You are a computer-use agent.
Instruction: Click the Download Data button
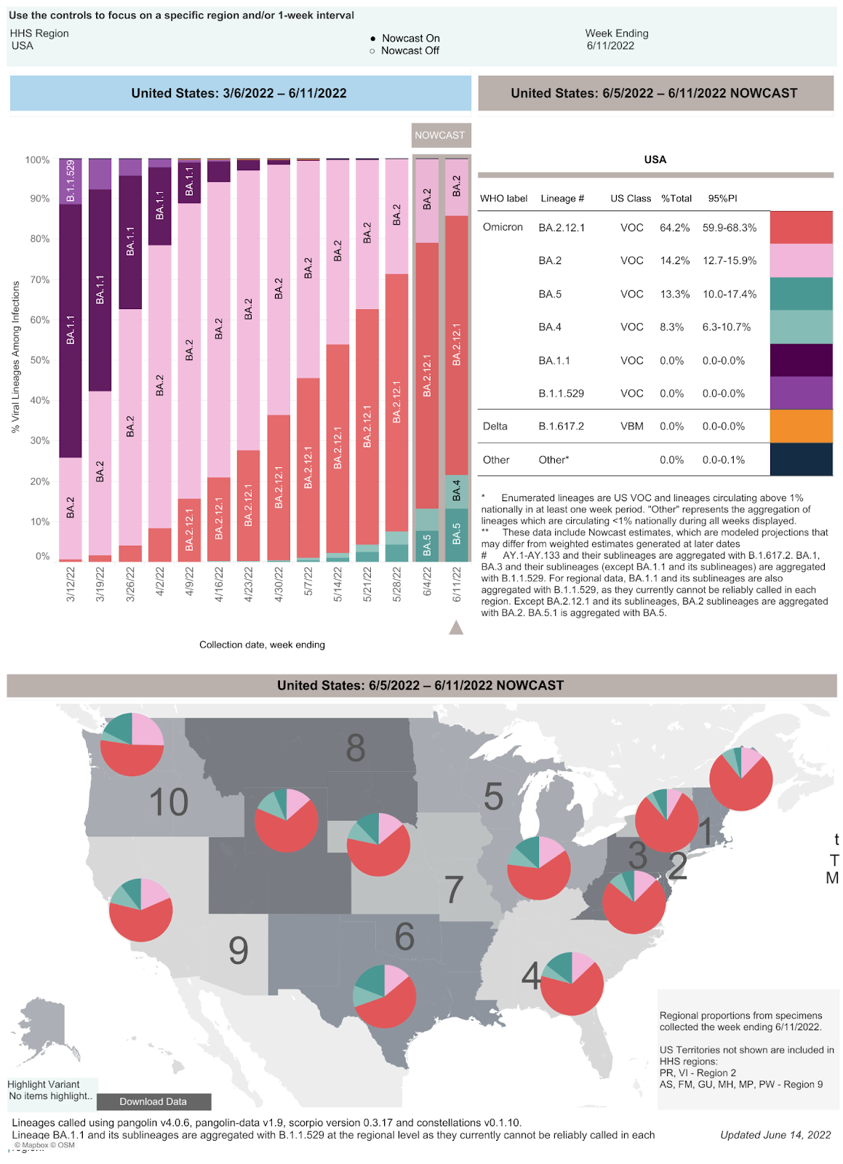[x=153, y=1101]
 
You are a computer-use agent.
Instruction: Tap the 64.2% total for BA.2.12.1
[x=674, y=228]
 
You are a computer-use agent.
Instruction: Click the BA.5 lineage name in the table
[x=550, y=294]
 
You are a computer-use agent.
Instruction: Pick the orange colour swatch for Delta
[x=801, y=426]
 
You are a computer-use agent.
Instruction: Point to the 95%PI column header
[x=722, y=199]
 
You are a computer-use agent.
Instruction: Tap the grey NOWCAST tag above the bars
[x=440, y=135]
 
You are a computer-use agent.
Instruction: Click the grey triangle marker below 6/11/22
[x=456, y=627]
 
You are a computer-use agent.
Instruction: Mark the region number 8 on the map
[x=356, y=748]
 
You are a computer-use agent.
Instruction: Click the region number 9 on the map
[x=239, y=950]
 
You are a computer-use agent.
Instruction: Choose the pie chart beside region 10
[x=132, y=745]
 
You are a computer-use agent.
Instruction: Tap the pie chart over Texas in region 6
[x=384, y=996]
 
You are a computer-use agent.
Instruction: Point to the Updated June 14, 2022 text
[x=775, y=1135]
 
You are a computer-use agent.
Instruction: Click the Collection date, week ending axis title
[x=262, y=645]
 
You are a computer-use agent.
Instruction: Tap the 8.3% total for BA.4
[x=671, y=327]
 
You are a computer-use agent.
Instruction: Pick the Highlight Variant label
[x=44, y=1084]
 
